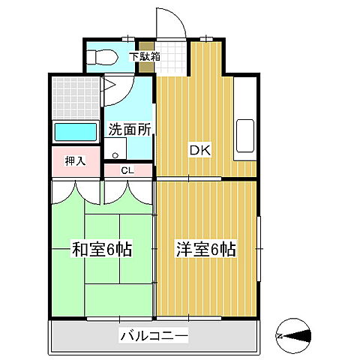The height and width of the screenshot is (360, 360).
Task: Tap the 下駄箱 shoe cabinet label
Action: [x=143, y=55]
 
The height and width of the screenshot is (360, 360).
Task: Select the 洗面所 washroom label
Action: [x=129, y=128]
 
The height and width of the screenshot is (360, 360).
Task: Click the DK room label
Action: [x=199, y=150]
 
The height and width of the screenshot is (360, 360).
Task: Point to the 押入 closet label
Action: [x=75, y=160]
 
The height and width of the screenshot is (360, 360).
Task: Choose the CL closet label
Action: [x=127, y=170]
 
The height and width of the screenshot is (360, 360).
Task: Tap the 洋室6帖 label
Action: [x=205, y=249]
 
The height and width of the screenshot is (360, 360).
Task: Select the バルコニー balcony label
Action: [x=154, y=336]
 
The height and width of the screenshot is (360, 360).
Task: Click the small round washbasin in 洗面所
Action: [x=115, y=154]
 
